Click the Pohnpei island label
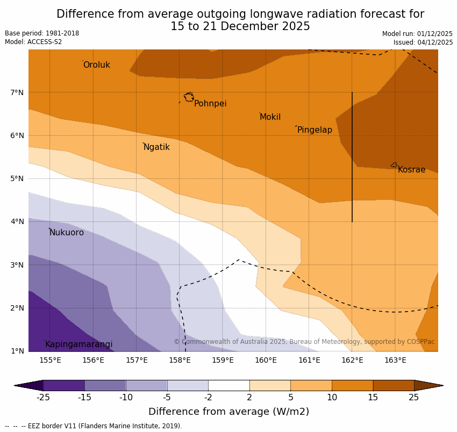210,104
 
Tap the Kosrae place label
411,170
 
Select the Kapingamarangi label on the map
78,344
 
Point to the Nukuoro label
67,233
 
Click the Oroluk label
96,65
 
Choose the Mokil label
270,117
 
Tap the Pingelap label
315,130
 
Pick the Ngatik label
156,147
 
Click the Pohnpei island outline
189,97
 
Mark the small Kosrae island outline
394,165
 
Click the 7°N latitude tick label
17,92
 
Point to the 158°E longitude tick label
180,360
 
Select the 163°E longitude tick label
395,360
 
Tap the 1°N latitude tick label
17,351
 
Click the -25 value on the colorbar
43,398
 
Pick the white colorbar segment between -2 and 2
228,385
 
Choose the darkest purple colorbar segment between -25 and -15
63,385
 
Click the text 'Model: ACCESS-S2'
33,42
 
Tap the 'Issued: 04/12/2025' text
423,42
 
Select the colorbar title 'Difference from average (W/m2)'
228,412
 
